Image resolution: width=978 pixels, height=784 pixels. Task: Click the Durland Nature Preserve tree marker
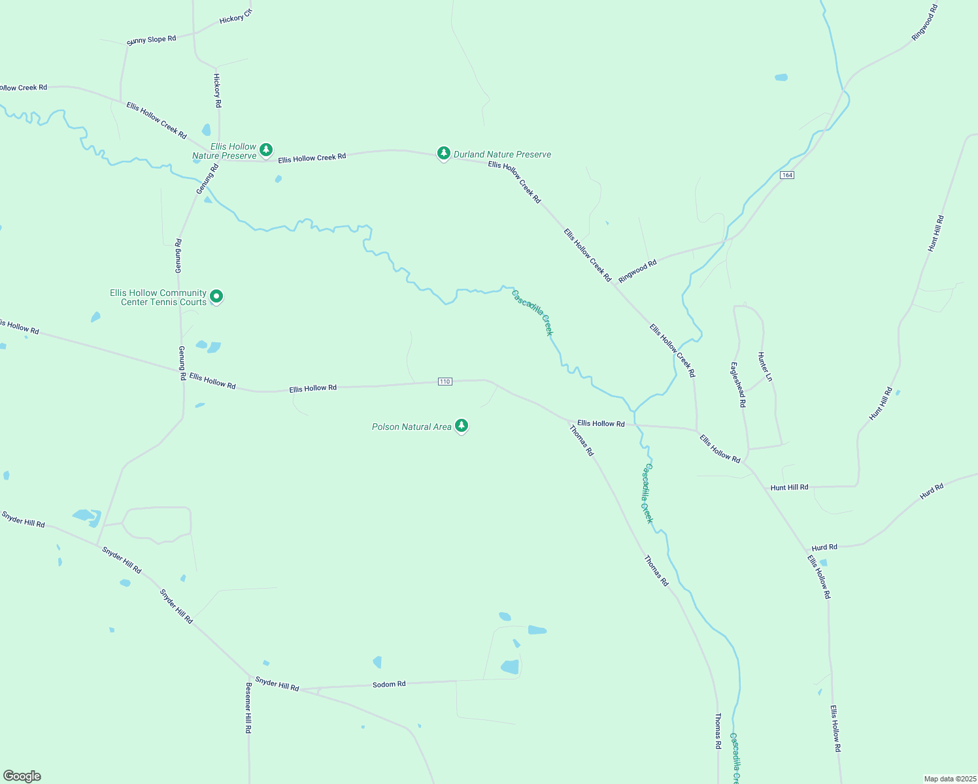[444, 154]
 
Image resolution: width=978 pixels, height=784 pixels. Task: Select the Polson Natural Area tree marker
[462, 426]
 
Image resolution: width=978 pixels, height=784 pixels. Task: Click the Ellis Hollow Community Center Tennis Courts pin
[216, 297]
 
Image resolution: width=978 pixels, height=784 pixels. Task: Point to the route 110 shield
[445, 382]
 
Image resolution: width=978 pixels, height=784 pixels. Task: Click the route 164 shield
[787, 175]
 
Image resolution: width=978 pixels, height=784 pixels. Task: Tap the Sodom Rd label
[389, 684]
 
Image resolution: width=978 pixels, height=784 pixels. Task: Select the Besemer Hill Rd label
[248, 708]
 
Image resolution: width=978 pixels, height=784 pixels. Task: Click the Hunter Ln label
[765, 367]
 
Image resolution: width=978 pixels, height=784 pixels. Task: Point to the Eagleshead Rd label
[738, 385]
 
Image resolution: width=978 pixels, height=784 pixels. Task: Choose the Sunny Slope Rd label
[152, 40]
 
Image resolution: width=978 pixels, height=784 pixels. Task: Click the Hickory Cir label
[235, 17]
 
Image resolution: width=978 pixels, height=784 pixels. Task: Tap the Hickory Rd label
[218, 90]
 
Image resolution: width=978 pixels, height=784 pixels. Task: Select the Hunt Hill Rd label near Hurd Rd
[789, 487]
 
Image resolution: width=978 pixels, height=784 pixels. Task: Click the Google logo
[22, 776]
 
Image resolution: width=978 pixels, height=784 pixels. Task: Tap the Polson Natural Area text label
[411, 427]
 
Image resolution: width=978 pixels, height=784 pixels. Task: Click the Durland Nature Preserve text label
[502, 155]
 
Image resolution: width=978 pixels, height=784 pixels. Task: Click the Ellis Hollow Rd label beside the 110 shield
[313, 388]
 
